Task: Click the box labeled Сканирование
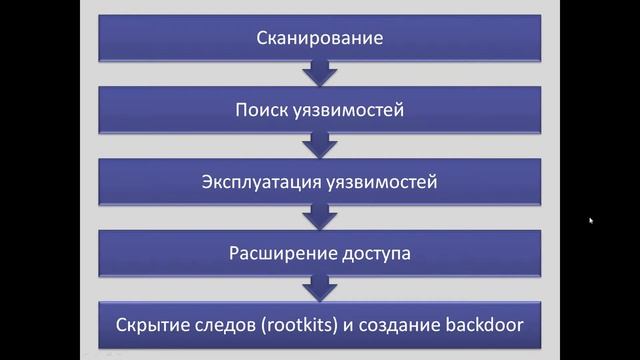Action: pyautogui.click(x=320, y=40)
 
